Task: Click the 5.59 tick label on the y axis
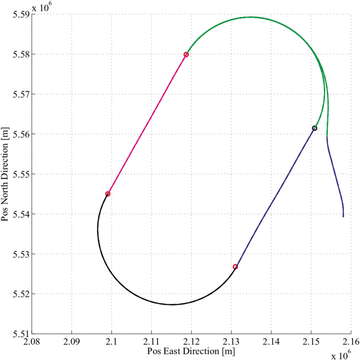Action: pyautogui.click(x=20, y=15)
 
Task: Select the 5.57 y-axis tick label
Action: pyautogui.click(x=20, y=94)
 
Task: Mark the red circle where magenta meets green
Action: pyautogui.click(x=186, y=55)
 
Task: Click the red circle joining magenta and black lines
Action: pyautogui.click(x=108, y=194)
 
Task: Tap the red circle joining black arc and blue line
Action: pyautogui.click(x=235, y=267)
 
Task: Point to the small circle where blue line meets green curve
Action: pyautogui.click(x=314, y=128)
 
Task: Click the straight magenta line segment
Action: pyautogui.click(x=147, y=124)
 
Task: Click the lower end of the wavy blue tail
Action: pyautogui.click(x=343, y=216)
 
